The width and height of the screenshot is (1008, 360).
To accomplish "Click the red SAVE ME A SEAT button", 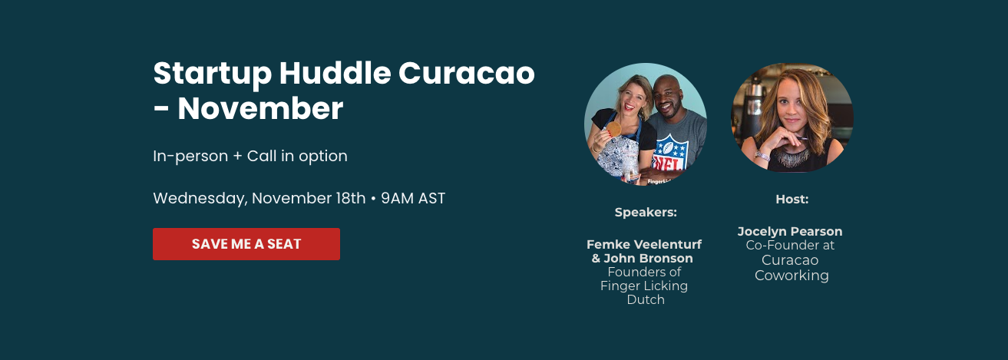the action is (x=246, y=244).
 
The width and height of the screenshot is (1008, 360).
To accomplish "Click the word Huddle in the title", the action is (x=335, y=73).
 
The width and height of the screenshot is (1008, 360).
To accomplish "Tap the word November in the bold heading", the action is (x=260, y=108).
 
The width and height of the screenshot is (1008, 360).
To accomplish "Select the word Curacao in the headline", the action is (x=467, y=74).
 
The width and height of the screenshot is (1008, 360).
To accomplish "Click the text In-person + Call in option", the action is (x=250, y=156).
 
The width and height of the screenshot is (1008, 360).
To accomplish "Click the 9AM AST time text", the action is (x=413, y=199).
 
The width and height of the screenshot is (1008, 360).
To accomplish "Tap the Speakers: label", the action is (x=646, y=213).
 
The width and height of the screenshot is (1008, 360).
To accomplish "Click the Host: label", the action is (x=792, y=200).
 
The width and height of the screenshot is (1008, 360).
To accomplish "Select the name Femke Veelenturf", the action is (x=644, y=244).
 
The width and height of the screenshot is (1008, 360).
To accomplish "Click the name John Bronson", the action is (x=648, y=259).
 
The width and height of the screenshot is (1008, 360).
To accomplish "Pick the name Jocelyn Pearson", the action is (x=790, y=231).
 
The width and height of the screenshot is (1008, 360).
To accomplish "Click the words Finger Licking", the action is (x=644, y=286).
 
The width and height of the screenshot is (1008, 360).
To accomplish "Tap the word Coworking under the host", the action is (x=792, y=276).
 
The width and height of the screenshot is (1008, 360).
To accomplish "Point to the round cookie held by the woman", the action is (x=614, y=129).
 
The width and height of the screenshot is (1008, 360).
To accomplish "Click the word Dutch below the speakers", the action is (x=646, y=299).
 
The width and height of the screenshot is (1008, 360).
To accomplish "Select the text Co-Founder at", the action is (x=790, y=246).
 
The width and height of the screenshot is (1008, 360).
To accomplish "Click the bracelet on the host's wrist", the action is (x=762, y=156).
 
